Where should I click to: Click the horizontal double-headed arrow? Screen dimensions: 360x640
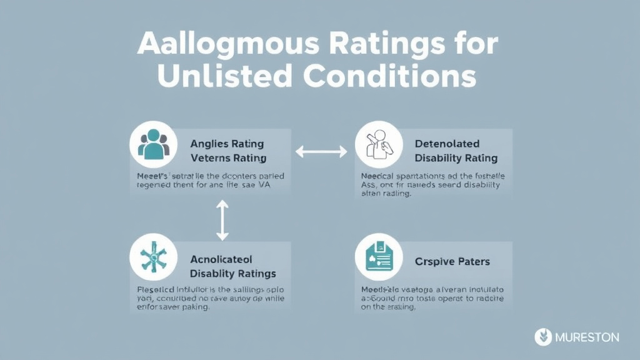[321, 151]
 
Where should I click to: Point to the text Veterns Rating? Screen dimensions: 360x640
[228, 158]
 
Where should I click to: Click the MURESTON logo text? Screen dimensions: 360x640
[587, 337]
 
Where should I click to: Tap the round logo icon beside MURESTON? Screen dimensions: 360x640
[543, 337]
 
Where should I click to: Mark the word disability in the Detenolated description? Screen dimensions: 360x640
[479, 185]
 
